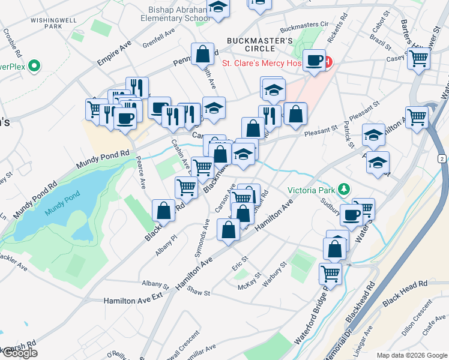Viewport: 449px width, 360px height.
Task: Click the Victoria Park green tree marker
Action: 344,190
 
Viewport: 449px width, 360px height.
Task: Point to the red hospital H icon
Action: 328,62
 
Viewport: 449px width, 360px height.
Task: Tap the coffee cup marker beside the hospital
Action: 314,60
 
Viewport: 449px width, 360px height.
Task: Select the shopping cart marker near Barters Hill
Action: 419,59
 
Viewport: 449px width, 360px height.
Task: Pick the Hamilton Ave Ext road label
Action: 133,299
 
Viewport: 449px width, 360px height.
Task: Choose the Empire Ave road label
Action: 114,53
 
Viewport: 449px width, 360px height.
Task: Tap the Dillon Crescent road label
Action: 423,313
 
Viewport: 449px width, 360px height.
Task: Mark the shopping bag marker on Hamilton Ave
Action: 228,230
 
